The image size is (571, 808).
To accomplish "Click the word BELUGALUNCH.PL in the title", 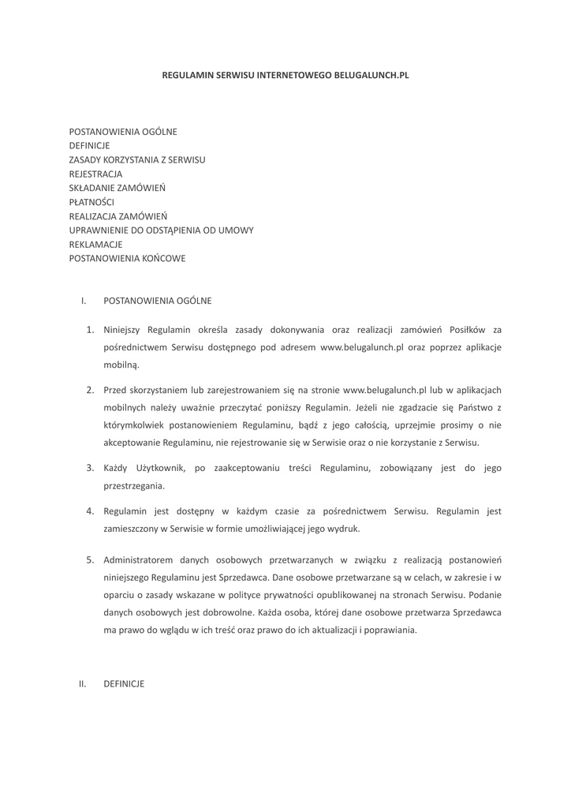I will pyautogui.click(x=371, y=75).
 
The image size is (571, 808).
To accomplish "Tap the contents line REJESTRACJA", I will pyautogui.click(x=95, y=174).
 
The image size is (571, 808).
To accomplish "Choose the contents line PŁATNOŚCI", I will pyautogui.click(x=91, y=202).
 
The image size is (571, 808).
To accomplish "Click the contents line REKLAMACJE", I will pyautogui.click(x=95, y=244).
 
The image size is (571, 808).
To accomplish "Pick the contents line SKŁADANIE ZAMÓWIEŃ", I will pyautogui.click(x=117, y=188).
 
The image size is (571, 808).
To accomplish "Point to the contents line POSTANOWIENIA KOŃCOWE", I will pyautogui.click(x=127, y=258).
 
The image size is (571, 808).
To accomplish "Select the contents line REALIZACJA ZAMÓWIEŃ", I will pyautogui.click(x=118, y=215).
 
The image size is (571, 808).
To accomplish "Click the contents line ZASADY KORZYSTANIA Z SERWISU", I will pyautogui.click(x=137, y=159).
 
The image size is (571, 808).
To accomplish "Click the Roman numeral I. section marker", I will pyautogui.click(x=83, y=301).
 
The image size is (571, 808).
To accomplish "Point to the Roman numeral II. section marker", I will pyautogui.click(x=82, y=684).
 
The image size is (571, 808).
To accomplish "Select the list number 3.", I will pyautogui.click(x=90, y=468).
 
